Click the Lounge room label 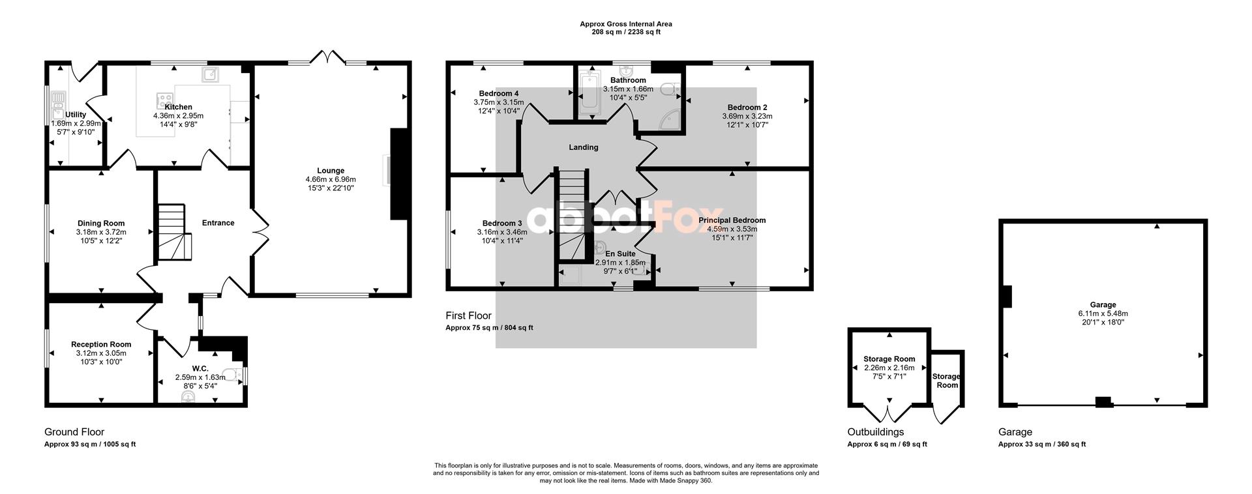331,171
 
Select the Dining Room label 101,223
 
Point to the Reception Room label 101,344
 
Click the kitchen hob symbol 160,101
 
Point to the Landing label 584,147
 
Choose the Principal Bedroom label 732,220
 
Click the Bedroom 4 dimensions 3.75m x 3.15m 499,102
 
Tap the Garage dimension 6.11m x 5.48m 1103,313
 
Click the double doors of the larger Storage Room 888,413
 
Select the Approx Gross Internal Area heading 626,24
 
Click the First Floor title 469,315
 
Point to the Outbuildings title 876,432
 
